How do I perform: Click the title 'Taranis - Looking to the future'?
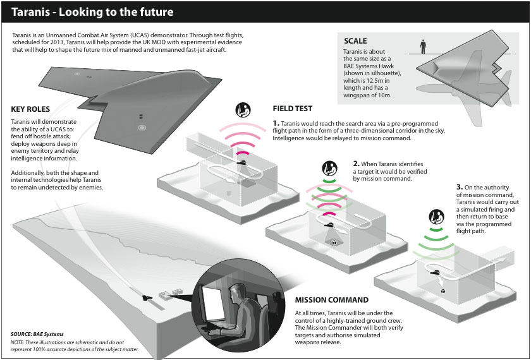[x=88, y=12]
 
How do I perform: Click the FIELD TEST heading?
[x=292, y=109]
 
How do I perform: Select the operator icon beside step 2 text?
[x=329, y=169]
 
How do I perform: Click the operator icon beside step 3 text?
[x=436, y=216]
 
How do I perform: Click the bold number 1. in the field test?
[x=276, y=122]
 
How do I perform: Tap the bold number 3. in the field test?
[x=459, y=188]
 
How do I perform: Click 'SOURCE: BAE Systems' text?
[x=37, y=334]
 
